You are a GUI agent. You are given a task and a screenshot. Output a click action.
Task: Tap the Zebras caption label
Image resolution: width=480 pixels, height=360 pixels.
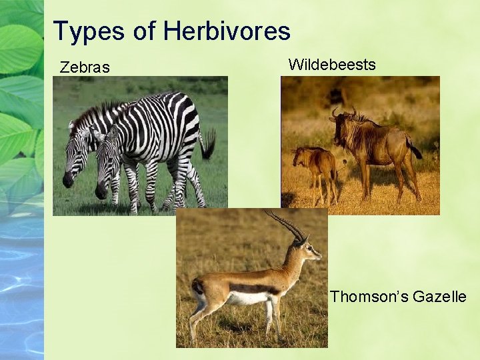(x=85, y=67)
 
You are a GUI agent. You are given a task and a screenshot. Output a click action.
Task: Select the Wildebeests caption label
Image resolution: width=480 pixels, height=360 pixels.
(x=332, y=65)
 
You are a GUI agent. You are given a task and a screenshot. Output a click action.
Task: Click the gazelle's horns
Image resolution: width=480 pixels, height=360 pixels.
(x=287, y=225)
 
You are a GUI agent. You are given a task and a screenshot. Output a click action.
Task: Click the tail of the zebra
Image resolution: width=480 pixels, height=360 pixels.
(x=208, y=143)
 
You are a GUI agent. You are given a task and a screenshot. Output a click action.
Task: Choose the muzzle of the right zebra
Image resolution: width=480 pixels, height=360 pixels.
(x=101, y=191)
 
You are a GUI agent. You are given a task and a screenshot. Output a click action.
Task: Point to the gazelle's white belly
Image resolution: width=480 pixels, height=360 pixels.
(x=245, y=298)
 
